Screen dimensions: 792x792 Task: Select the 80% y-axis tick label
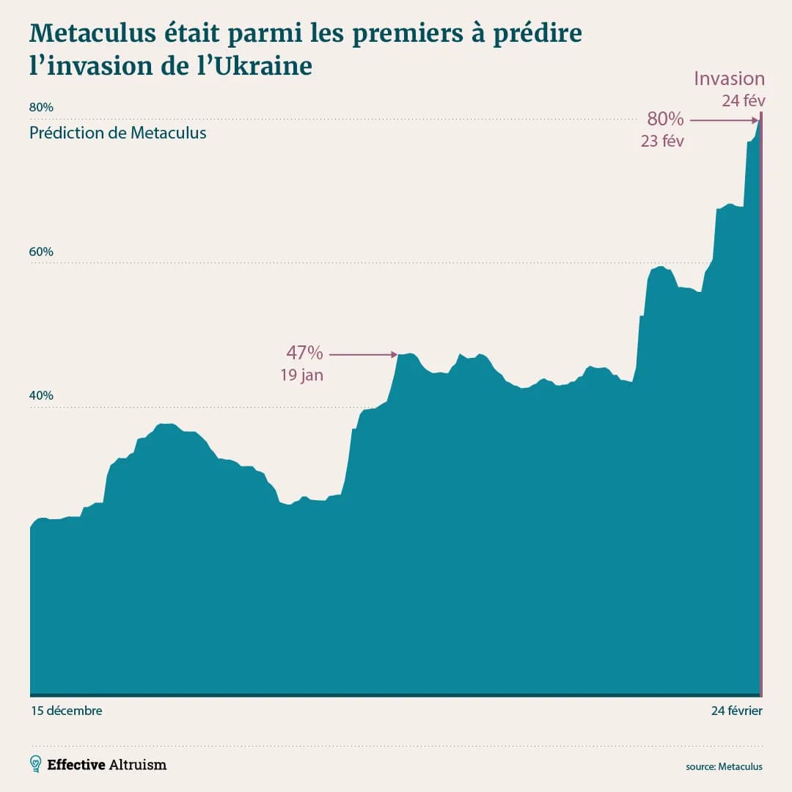[41, 107]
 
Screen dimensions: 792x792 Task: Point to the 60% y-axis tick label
[41, 252]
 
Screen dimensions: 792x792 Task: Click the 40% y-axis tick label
[41, 395]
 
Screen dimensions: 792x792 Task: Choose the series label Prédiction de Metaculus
[118, 133]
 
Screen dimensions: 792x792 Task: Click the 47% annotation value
[304, 353]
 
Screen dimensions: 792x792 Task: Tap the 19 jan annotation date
[301, 375]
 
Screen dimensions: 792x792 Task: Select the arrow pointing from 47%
[363, 355]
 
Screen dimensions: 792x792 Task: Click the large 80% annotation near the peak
[665, 119]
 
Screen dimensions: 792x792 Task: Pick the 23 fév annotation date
[662, 142]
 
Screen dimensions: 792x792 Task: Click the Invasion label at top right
[729, 79]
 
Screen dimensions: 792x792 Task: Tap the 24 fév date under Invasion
[743, 101]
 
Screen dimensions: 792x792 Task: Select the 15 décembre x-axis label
[66, 711]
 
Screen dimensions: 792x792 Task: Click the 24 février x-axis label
[736, 711]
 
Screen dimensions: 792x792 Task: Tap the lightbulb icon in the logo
[35, 764]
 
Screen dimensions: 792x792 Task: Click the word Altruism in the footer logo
[138, 764]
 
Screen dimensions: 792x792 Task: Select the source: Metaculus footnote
[724, 766]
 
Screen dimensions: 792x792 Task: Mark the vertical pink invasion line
[762, 403]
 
